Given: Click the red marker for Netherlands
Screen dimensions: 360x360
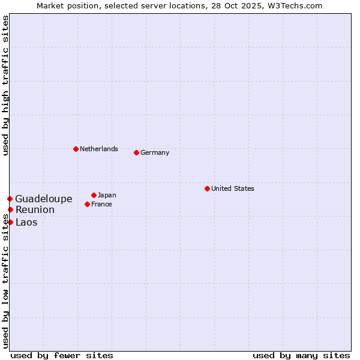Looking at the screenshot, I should (x=76, y=149).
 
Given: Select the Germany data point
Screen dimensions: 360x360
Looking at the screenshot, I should (x=136, y=152).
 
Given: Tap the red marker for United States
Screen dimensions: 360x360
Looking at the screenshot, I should (x=207, y=188).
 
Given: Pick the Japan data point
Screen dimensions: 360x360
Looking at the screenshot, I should (x=94, y=195).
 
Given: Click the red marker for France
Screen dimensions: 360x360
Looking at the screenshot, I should (x=87, y=204).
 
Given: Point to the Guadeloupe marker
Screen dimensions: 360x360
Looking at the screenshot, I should (x=10, y=199).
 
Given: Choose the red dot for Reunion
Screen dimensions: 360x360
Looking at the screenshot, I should (x=10, y=209).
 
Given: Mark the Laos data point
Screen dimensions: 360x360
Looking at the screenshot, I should (x=10, y=222).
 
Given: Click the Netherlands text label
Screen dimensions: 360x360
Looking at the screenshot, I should (x=99, y=149).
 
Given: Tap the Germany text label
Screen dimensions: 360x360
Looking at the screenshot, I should (x=155, y=152).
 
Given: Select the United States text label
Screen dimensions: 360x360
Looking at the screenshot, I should (x=233, y=188).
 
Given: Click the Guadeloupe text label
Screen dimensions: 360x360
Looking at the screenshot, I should (x=44, y=199).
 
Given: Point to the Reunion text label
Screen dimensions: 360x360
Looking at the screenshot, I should (x=35, y=209).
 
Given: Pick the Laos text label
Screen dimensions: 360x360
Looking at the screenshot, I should (x=26, y=222).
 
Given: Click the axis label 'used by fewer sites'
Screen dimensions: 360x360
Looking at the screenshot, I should (x=62, y=355).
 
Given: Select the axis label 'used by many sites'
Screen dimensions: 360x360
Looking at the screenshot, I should (x=301, y=355).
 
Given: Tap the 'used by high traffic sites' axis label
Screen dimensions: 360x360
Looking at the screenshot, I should (x=5, y=85).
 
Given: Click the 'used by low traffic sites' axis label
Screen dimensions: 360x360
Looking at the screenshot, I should (x=5, y=281).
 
